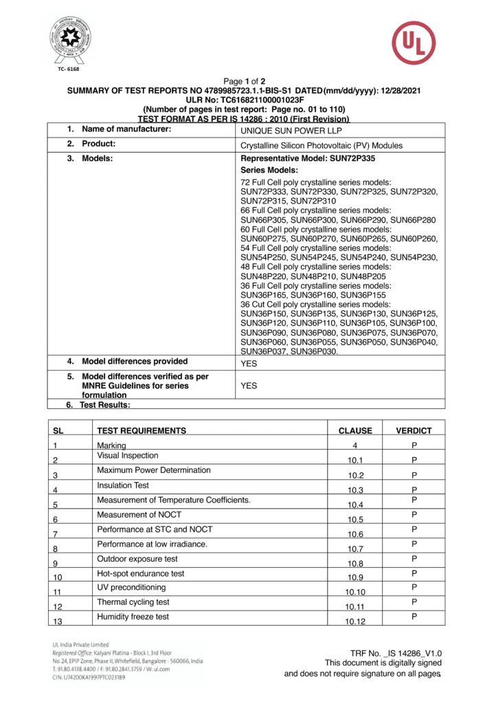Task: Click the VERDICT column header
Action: (x=414, y=431)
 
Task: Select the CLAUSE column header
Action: (x=355, y=431)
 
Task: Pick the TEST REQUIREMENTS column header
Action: (x=142, y=431)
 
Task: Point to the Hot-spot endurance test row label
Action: (x=141, y=573)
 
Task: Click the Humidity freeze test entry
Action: (x=133, y=617)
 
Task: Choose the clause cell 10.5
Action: (x=355, y=519)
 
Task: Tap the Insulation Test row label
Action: (x=123, y=485)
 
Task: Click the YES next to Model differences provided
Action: (x=249, y=364)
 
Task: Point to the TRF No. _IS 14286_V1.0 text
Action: (x=396, y=653)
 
